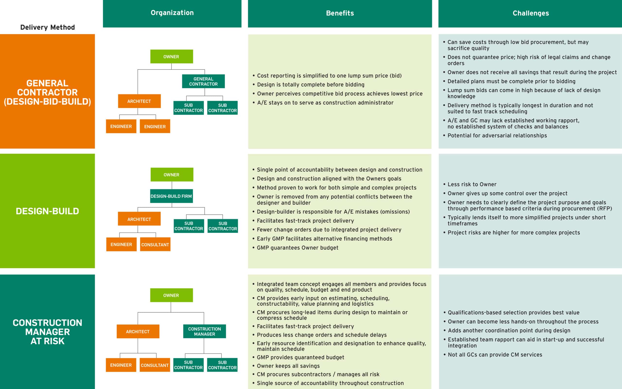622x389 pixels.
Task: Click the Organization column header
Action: [x=172, y=13]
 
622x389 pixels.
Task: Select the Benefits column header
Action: [x=340, y=13]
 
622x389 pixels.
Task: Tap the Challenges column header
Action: [x=530, y=13]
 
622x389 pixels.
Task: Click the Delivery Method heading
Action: [x=48, y=27]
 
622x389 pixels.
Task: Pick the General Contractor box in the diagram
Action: [x=203, y=81]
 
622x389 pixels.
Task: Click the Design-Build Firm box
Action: [x=171, y=196]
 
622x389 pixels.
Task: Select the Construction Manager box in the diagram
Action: [x=204, y=331]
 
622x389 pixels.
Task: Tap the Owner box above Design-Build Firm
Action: [x=172, y=175]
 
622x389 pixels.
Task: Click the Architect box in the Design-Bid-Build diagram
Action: [x=139, y=101]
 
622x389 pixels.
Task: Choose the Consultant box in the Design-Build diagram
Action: [x=155, y=244]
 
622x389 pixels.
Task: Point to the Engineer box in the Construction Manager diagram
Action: [x=121, y=365]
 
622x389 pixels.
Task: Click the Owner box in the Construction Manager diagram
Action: [x=171, y=295]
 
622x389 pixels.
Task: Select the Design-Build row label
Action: [x=47, y=211]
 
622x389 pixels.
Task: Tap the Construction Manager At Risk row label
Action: [x=47, y=332]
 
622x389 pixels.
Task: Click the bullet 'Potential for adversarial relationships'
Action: [x=497, y=136]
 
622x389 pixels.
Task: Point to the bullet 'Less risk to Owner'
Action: [x=472, y=185]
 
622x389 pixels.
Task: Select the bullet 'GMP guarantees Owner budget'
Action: [x=297, y=248]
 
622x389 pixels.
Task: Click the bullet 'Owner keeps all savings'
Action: [x=288, y=366]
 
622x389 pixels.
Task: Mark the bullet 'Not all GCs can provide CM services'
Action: [x=495, y=355]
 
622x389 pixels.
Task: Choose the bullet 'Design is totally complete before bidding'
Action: [x=311, y=85]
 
